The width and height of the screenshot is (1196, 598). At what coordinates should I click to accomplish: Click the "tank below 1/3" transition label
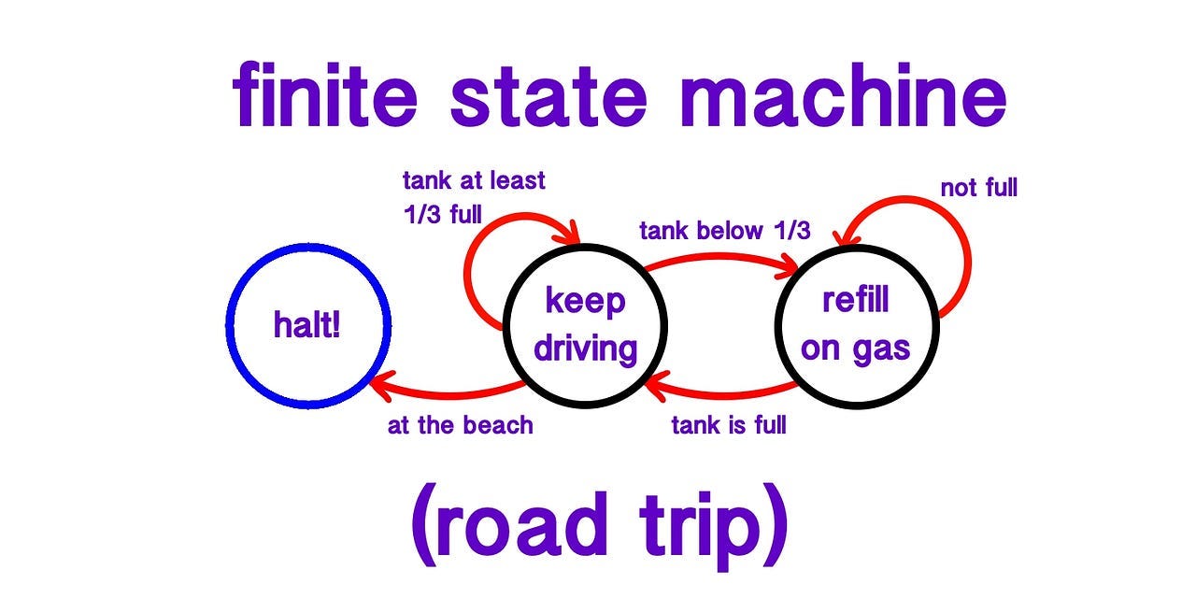724,231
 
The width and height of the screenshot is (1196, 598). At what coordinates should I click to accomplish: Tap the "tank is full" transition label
729,426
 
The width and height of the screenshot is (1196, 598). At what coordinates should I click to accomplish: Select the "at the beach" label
460,426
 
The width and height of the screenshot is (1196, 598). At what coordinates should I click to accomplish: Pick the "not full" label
978,189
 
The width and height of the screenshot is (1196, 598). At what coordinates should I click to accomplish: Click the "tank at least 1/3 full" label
472,196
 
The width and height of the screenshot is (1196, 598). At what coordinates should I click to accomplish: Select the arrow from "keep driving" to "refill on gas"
719,256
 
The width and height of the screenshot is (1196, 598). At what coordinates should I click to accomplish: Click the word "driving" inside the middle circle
585,349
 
